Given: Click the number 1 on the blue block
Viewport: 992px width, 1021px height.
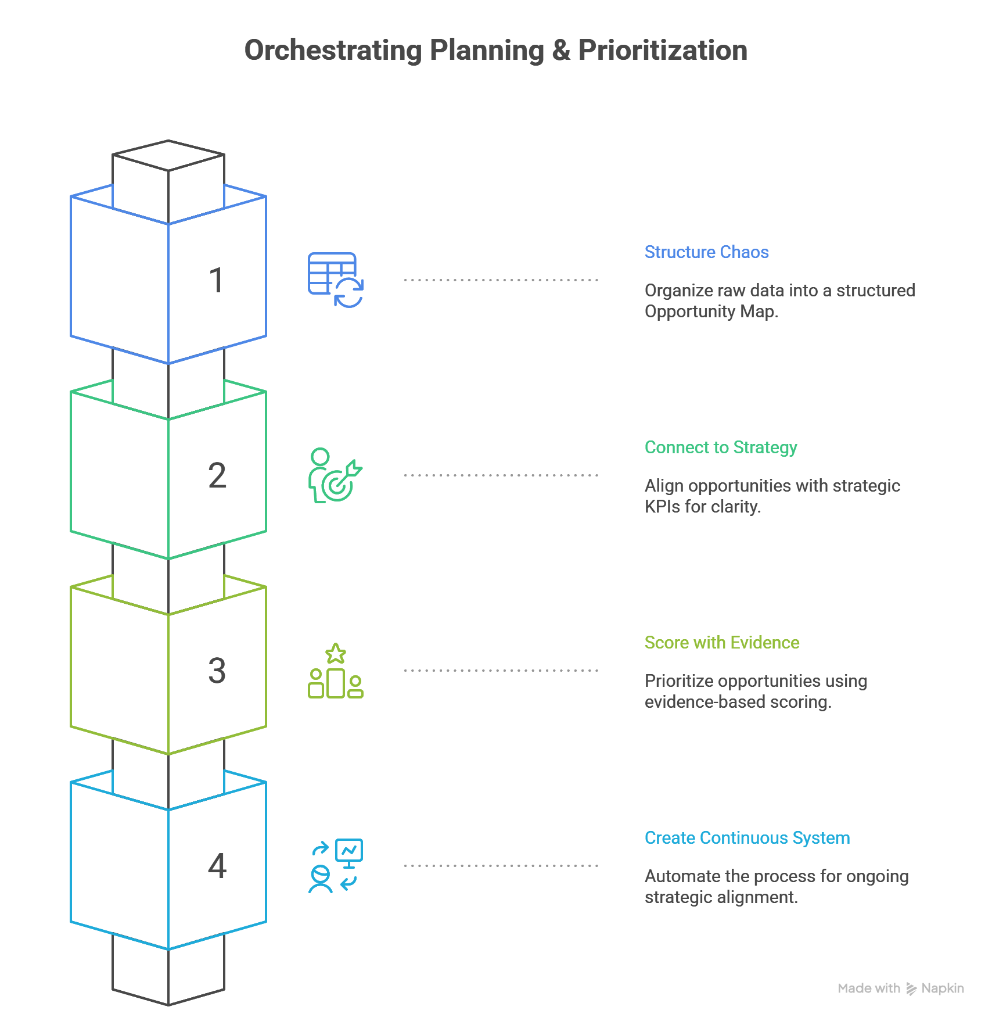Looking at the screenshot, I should (216, 280).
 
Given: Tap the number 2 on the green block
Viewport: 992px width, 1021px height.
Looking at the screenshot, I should (217, 475).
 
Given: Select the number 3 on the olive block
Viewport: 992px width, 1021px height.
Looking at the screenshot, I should (217, 671).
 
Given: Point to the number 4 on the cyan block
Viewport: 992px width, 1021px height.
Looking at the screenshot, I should (217, 866).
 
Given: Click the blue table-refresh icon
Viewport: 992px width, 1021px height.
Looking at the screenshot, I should (335, 280).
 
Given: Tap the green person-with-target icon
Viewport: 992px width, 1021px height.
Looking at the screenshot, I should (335, 475).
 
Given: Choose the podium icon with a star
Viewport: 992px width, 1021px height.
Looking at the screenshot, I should (335, 671).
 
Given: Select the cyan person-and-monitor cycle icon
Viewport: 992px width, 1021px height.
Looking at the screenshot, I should (335, 866).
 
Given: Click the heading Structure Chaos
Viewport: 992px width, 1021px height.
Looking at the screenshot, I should (706, 252).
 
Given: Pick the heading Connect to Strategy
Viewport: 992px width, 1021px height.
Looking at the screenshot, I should (720, 447).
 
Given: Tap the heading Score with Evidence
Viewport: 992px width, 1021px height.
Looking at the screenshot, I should (721, 643).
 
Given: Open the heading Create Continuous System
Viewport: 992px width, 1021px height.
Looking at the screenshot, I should (747, 838).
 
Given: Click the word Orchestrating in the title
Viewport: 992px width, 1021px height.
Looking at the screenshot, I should (333, 51).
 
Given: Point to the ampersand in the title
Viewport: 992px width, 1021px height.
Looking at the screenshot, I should (561, 51).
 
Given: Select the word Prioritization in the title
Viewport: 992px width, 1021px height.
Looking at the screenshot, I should (663, 51).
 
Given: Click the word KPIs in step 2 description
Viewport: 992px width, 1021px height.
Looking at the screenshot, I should (662, 507).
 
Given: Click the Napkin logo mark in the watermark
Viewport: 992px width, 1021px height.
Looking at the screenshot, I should (911, 989).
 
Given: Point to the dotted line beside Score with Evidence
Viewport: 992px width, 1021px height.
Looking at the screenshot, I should (501, 671).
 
